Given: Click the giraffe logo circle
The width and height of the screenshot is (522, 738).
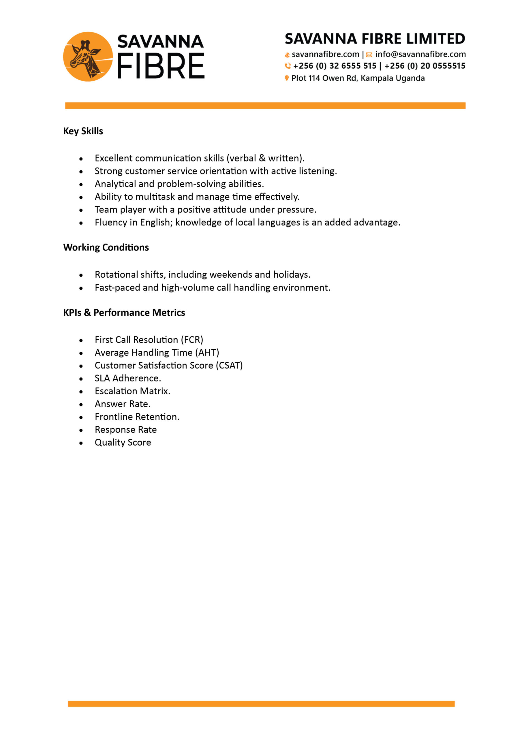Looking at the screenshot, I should point(88,57).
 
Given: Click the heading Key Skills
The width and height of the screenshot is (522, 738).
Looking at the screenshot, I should point(83,131).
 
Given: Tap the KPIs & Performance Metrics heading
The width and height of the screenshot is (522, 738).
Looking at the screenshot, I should point(124,312).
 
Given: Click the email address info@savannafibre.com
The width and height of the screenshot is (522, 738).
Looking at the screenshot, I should point(420,54).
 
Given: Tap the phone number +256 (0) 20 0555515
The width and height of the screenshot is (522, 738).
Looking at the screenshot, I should point(425,66).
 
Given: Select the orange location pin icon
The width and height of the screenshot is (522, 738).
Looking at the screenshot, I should point(287,78).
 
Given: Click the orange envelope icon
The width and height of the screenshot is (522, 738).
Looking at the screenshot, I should point(369,55).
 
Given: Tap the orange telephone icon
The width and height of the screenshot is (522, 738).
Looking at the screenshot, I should point(288,66).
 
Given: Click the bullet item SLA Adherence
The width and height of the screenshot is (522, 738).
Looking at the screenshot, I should point(128,378).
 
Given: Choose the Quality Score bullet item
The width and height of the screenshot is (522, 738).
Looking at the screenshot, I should point(123,443).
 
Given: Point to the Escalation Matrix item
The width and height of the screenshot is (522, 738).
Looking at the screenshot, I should point(132,391).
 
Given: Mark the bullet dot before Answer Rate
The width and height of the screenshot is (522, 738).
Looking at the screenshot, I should point(81,405).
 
